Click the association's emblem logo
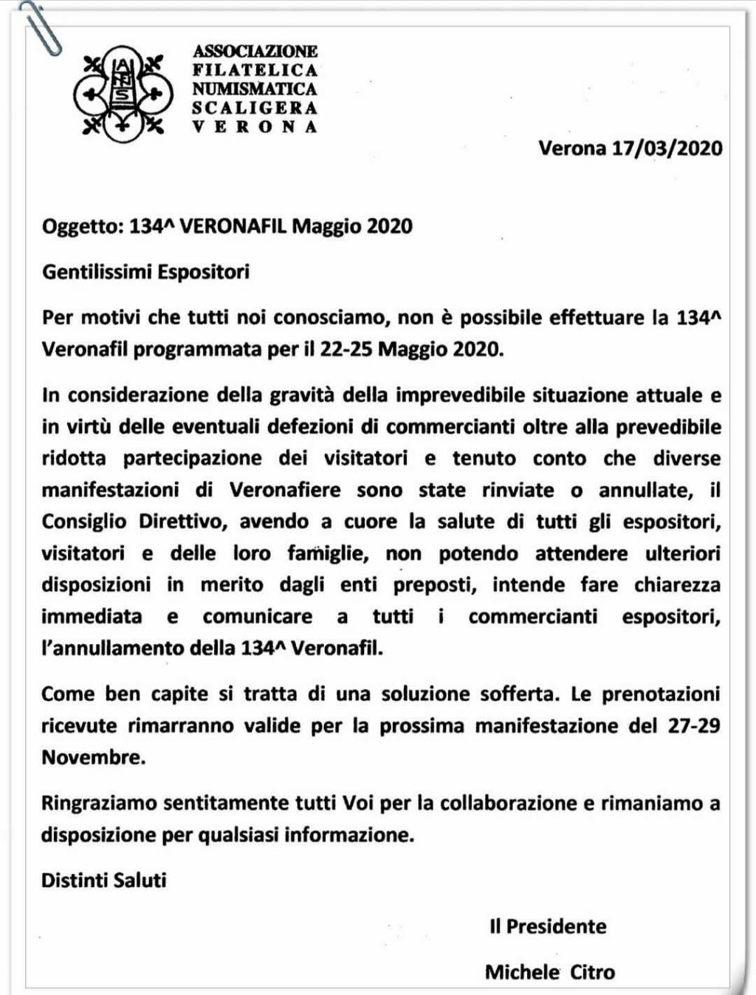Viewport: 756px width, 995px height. coord(123,94)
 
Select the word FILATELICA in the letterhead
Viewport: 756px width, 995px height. coord(255,70)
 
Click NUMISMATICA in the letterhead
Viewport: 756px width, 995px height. coord(255,89)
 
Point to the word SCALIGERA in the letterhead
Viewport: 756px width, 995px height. coord(255,108)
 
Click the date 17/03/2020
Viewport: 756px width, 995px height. coord(667,148)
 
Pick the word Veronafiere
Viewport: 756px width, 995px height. coord(285,490)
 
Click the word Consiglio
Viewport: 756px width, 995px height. coord(83,522)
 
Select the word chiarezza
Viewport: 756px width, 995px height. coord(677,585)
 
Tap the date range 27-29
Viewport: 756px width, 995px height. coord(694,725)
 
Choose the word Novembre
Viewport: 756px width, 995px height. coord(93,757)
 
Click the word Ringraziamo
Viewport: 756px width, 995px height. coord(97,803)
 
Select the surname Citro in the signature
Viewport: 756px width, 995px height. coord(592,972)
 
